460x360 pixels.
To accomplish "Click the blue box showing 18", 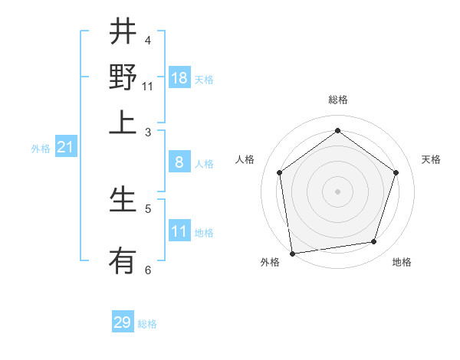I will pyautogui.click(x=179, y=78).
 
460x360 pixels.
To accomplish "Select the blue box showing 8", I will pyautogui.click(x=179, y=162).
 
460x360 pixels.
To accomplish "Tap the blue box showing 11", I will pyautogui.click(x=179, y=231).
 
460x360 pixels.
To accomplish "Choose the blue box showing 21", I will pyautogui.click(x=65, y=148).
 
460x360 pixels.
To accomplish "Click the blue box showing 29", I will pyautogui.click(x=123, y=322).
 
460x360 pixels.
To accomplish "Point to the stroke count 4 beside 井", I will pyautogui.click(x=148, y=40).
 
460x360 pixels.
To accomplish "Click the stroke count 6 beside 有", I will pyautogui.click(x=148, y=270).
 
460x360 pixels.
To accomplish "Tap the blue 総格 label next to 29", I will pyautogui.click(x=147, y=324).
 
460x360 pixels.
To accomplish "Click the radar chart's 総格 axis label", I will pyautogui.click(x=338, y=100).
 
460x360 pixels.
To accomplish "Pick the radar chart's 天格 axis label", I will pyautogui.click(x=432, y=159).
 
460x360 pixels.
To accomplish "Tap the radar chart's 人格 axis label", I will pyautogui.click(x=245, y=159).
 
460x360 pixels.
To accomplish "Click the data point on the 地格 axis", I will pyautogui.click(x=374, y=242).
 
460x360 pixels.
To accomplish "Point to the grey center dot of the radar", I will pyautogui.click(x=338, y=191).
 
